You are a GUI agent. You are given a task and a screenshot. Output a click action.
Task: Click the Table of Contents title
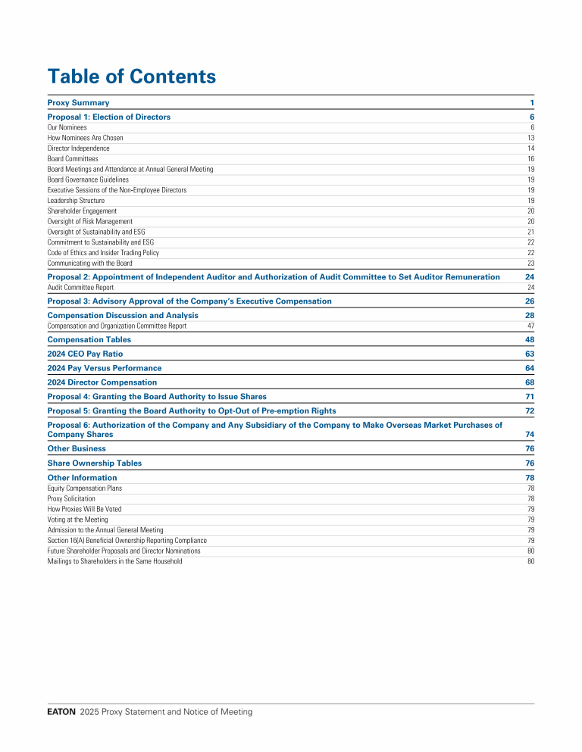point(131,76)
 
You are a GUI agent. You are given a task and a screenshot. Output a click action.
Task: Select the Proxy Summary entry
point(78,102)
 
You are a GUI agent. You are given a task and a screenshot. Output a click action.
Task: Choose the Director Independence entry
point(78,149)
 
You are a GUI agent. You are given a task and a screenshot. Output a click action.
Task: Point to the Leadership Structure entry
point(76,201)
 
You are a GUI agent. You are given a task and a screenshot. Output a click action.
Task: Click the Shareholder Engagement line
point(82,211)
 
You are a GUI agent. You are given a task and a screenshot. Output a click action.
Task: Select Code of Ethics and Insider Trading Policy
point(103,253)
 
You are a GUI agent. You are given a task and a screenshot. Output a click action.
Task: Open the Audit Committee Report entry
point(80,288)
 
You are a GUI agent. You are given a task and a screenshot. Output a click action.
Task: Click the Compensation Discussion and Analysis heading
point(123,315)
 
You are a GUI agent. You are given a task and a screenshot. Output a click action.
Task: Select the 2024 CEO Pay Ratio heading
point(85,354)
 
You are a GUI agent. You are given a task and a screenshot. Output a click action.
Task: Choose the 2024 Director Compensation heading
point(102,382)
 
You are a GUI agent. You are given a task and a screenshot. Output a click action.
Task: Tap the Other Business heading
point(77,448)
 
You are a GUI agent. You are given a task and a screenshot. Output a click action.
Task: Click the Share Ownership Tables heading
point(94,463)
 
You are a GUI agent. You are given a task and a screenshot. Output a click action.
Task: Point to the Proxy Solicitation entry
point(71,499)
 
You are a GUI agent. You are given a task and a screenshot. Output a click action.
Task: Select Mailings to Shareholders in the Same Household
point(114,561)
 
